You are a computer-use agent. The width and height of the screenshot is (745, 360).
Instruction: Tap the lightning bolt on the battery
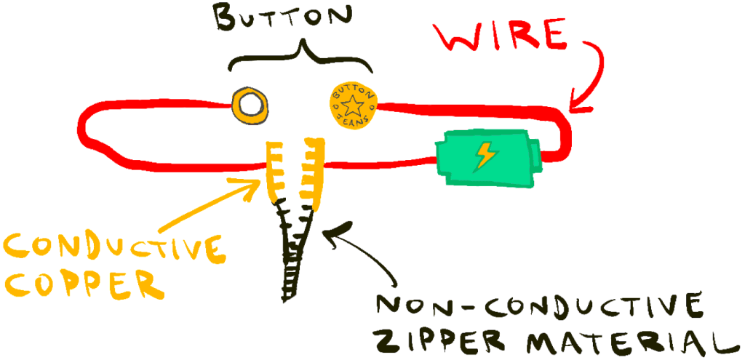coord(483,156)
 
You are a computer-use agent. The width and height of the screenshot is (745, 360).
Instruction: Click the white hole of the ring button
coord(250,105)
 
